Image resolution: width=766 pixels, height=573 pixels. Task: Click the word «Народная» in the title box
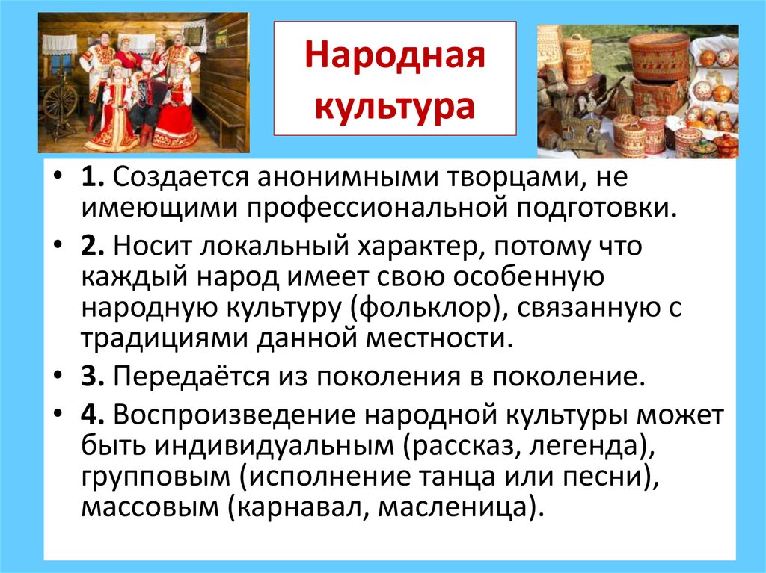coord(394,58)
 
